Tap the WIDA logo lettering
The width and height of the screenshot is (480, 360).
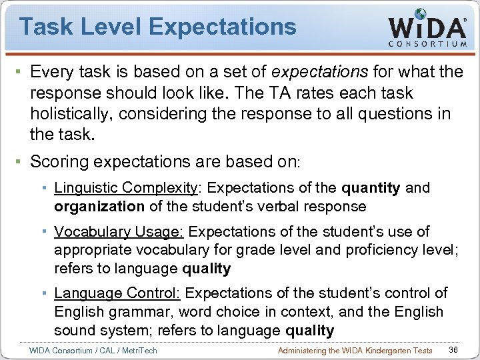point(427,28)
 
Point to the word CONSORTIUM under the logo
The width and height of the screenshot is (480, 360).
point(427,45)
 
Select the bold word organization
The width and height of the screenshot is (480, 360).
point(99,207)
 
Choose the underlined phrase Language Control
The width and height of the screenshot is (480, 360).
point(119,293)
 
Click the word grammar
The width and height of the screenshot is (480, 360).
point(137,312)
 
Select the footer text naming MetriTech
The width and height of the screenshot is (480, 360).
point(93,351)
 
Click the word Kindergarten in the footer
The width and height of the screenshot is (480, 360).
point(379,351)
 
